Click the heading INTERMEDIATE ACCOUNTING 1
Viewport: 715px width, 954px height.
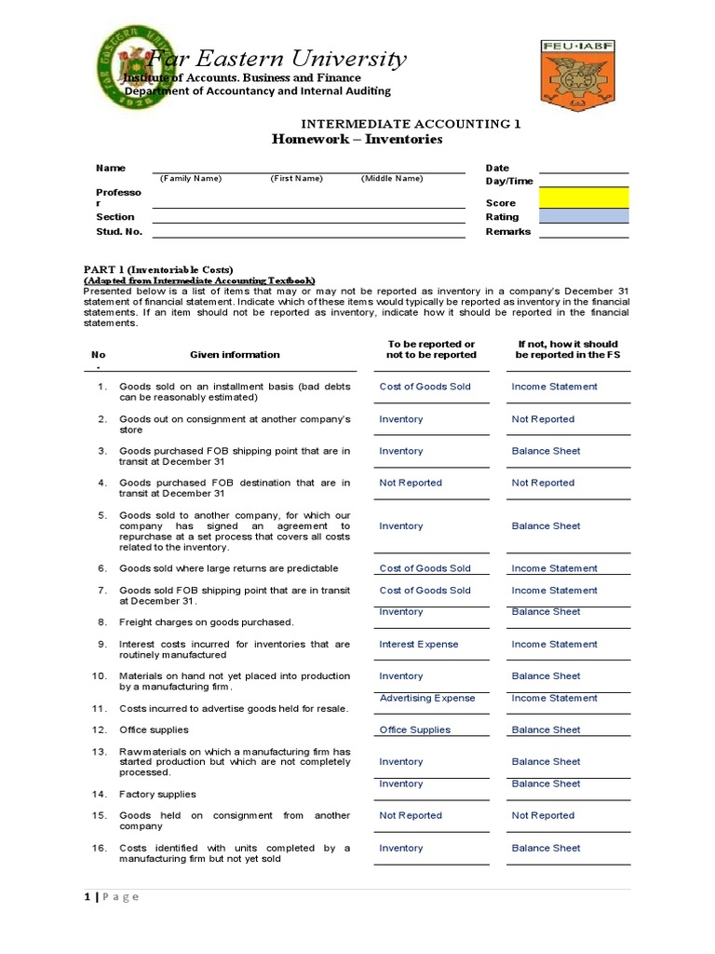click(x=410, y=123)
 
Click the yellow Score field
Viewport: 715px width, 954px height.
click(x=584, y=198)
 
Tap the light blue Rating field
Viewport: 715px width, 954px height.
click(x=584, y=216)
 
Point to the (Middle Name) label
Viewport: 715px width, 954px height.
click(x=391, y=178)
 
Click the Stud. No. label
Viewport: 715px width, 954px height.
click(x=119, y=231)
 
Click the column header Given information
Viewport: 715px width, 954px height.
click(x=235, y=354)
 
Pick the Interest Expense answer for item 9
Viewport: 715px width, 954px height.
click(x=418, y=644)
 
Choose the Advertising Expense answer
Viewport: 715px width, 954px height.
click(x=427, y=698)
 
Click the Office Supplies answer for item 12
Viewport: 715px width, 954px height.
click(x=414, y=729)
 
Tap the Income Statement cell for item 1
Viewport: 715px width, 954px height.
click(x=554, y=387)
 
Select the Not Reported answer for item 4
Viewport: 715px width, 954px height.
click(x=411, y=483)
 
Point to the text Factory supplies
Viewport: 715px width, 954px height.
click(x=157, y=794)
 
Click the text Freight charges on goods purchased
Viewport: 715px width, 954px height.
click(x=206, y=621)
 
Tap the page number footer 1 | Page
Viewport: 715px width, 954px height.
click(x=112, y=896)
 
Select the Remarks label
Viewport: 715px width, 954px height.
click(x=507, y=231)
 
